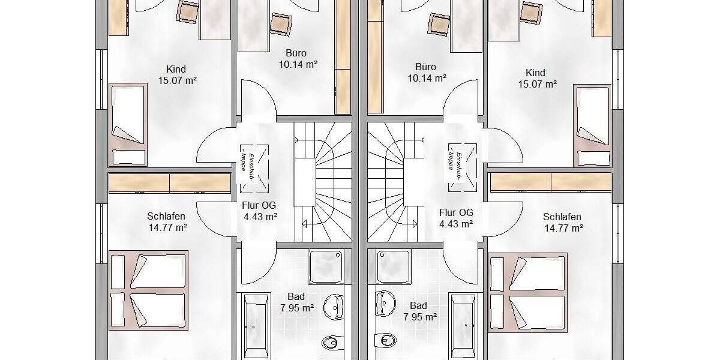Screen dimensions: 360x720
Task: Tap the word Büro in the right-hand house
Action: (425, 67)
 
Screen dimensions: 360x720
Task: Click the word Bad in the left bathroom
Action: (296, 297)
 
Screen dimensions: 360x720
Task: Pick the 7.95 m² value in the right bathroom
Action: (419, 316)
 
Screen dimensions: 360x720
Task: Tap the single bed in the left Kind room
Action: (128, 124)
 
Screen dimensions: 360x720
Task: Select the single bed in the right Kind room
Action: (593, 125)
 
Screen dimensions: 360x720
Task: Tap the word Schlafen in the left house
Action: (166, 217)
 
